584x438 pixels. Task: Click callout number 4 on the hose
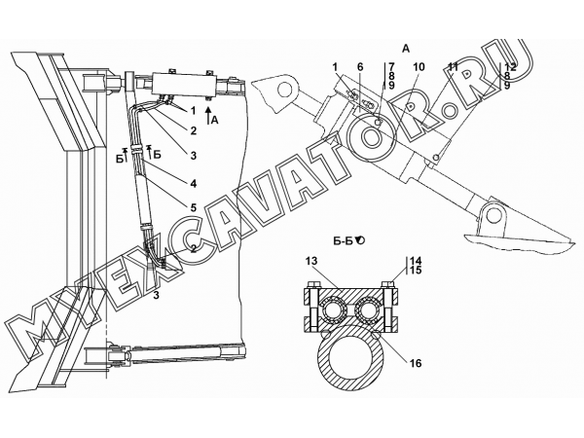pyautogui.click(x=193, y=184)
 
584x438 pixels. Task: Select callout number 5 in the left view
pyautogui.click(x=193, y=207)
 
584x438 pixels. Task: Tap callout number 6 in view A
pyautogui.click(x=360, y=67)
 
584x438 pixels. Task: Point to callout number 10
pyautogui.click(x=419, y=67)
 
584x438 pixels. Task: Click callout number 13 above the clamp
pyautogui.click(x=311, y=261)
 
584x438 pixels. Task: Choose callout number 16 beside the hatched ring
pyautogui.click(x=416, y=363)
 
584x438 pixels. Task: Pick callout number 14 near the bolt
pyautogui.click(x=416, y=260)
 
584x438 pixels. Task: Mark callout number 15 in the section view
pyautogui.click(x=416, y=270)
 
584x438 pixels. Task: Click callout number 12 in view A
pyautogui.click(x=511, y=67)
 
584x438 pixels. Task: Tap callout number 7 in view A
pyautogui.click(x=391, y=67)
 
